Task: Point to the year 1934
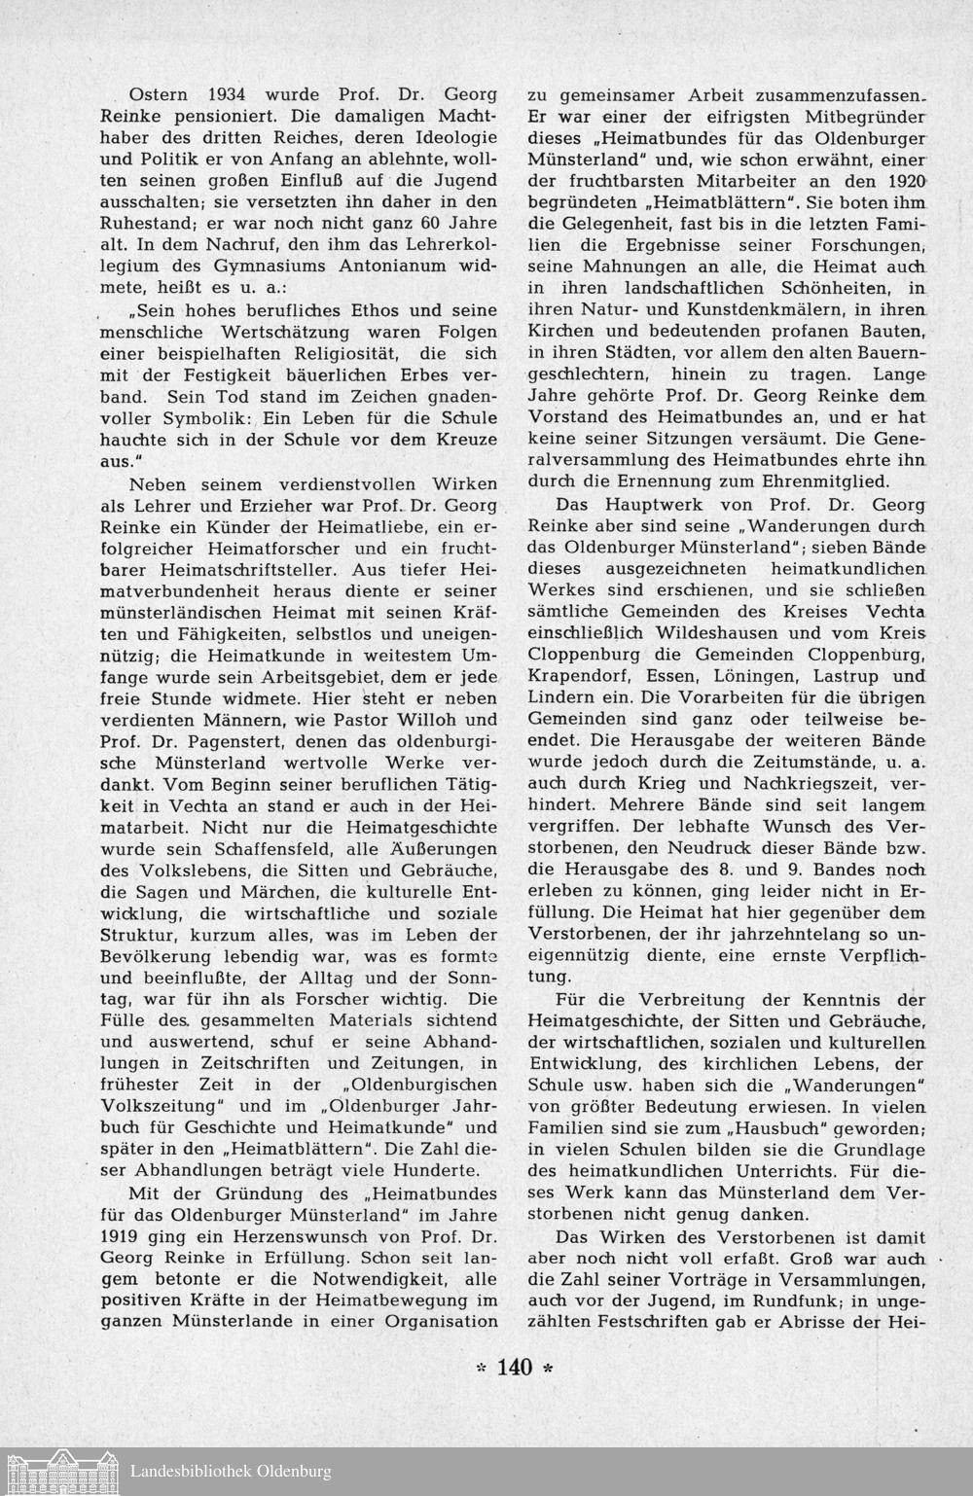pyautogui.click(x=234, y=95)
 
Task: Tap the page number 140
pyautogui.click(x=514, y=1367)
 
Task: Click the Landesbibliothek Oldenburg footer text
pyautogui.click(x=231, y=1472)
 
